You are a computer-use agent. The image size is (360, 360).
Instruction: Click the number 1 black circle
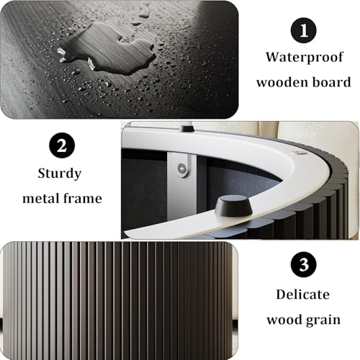click(304, 30)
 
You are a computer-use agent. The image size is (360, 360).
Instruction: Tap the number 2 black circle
click(62, 145)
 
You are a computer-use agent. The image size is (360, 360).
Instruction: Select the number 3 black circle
click(304, 264)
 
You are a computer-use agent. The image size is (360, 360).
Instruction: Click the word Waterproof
click(305, 58)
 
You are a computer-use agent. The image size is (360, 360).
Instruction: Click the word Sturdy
click(60, 174)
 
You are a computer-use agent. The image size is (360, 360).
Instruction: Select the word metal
click(41, 199)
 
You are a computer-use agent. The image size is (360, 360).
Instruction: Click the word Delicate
click(303, 294)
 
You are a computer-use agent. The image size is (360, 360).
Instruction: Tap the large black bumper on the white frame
click(233, 206)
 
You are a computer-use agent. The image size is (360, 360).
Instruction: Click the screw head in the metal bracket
click(181, 167)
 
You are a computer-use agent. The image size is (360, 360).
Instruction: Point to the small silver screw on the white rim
click(299, 153)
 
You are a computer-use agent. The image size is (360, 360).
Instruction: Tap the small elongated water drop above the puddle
click(144, 13)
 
